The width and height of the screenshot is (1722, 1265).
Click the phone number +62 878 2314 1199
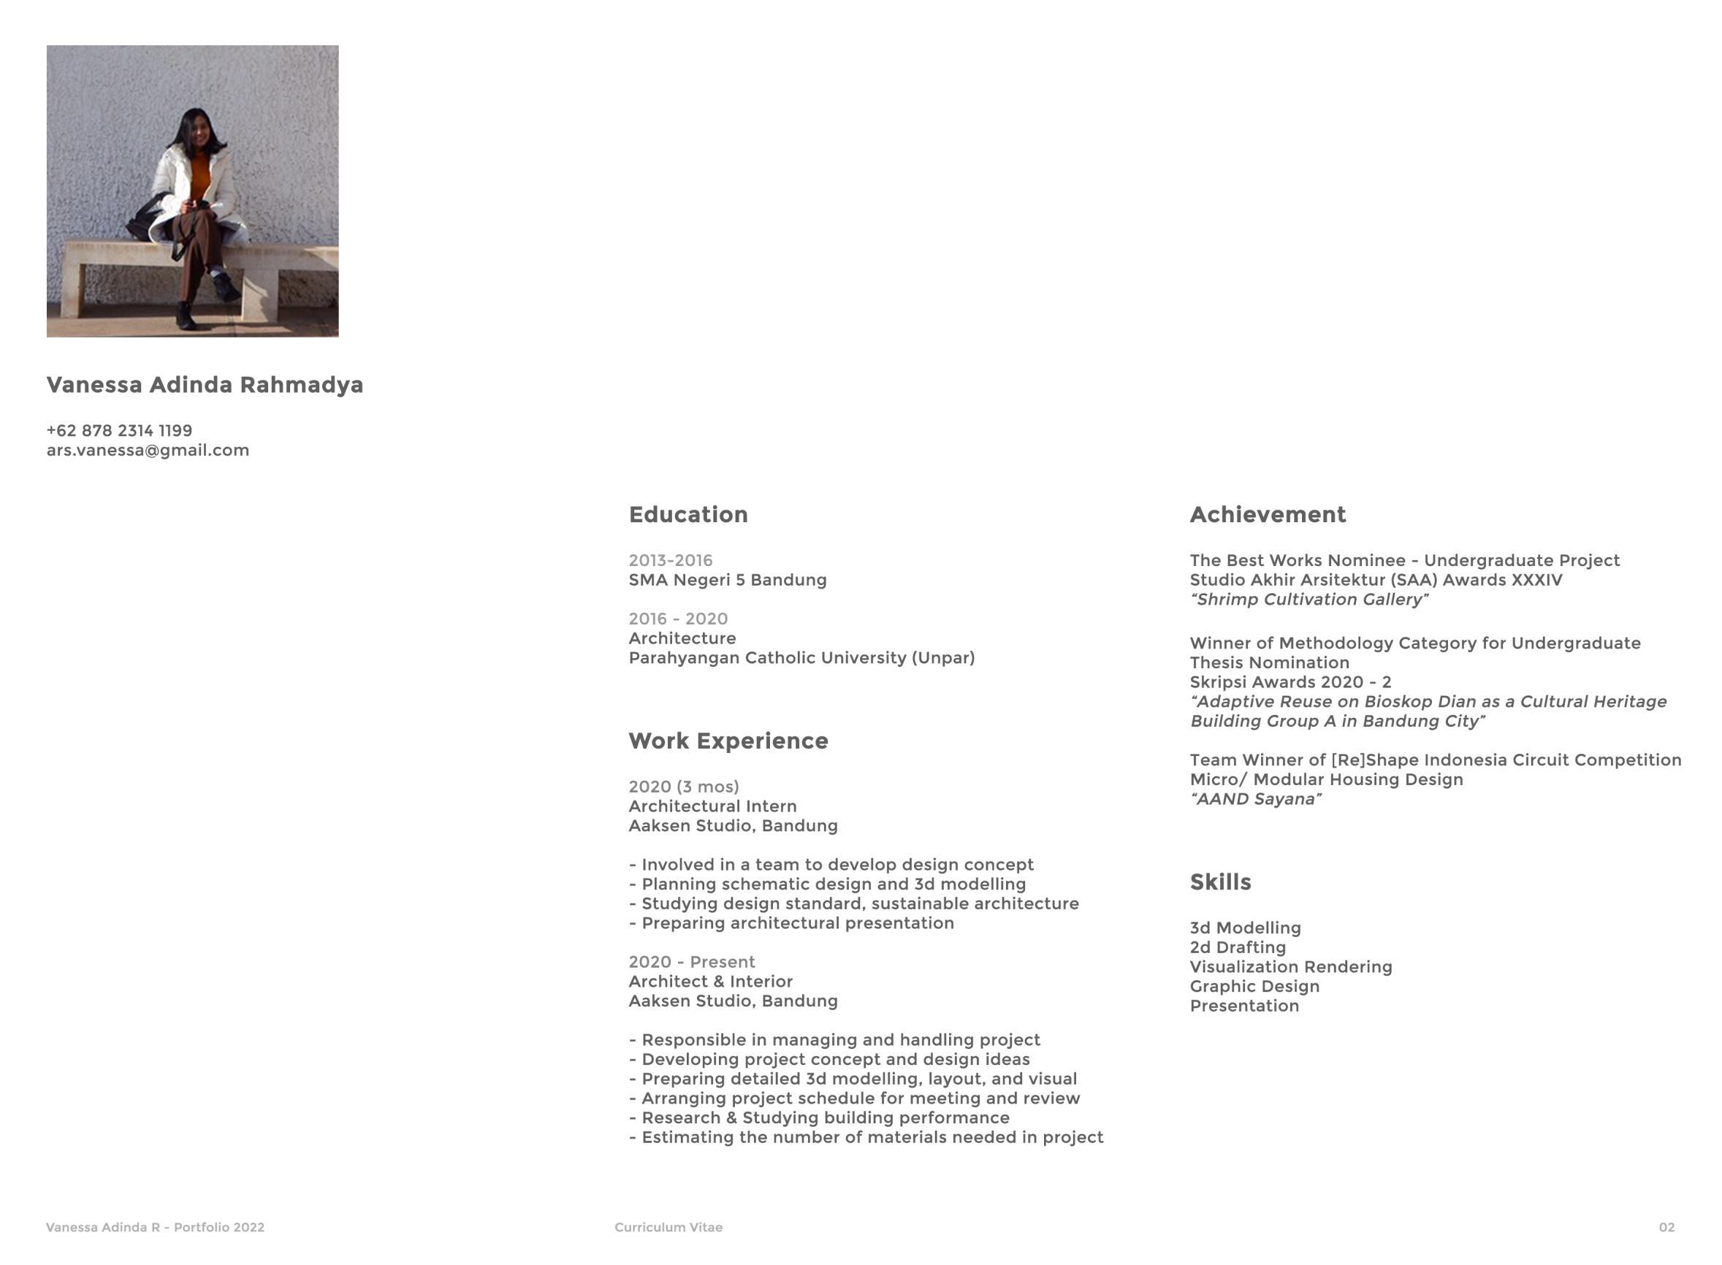click(x=119, y=430)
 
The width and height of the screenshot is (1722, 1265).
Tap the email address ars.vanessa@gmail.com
click(x=148, y=450)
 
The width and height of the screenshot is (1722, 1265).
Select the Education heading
click(x=688, y=515)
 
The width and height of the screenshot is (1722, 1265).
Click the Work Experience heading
click(x=728, y=741)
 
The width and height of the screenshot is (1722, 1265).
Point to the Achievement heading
click(x=1267, y=515)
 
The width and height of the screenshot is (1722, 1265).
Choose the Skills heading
click(x=1219, y=882)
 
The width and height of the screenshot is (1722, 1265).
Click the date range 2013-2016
click(x=670, y=560)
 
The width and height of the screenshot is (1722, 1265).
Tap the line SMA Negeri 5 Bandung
click(x=727, y=581)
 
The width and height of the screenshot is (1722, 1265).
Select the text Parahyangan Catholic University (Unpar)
click(x=801, y=658)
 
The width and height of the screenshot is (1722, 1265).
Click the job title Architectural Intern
click(x=712, y=806)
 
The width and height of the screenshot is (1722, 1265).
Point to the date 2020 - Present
click(x=691, y=962)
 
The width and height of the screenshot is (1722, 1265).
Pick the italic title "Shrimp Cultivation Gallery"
click(x=1308, y=600)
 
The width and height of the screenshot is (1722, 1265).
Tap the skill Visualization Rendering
click(x=1290, y=967)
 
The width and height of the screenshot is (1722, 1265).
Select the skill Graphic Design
click(x=1254, y=986)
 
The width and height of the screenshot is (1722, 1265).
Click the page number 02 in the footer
click(x=1666, y=1228)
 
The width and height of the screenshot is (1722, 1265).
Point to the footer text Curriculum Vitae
click(x=668, y=1228)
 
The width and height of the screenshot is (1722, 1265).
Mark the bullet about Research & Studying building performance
click(x=819, y=1118)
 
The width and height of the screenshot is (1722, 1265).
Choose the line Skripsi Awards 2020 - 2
click(x=1290, y=682)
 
